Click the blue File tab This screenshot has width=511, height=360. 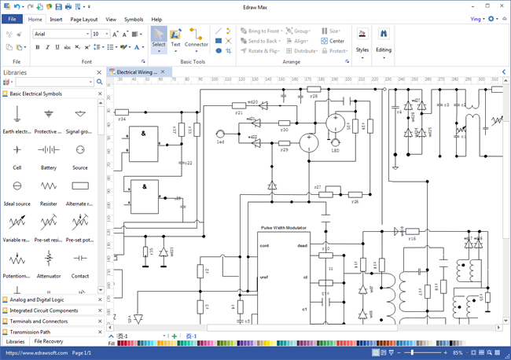click(12, 19)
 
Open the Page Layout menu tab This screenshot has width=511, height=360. click(84, 19)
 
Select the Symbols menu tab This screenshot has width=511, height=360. click(134, 19)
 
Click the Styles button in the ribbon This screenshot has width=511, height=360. click(362, 41)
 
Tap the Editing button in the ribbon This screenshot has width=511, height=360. click(384, 41)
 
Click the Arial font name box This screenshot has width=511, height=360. click(61, 34)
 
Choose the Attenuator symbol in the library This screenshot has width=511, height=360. click(49, 262)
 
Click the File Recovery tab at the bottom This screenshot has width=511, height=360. click(48, 342)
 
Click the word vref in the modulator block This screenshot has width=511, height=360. click(264, 277)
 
